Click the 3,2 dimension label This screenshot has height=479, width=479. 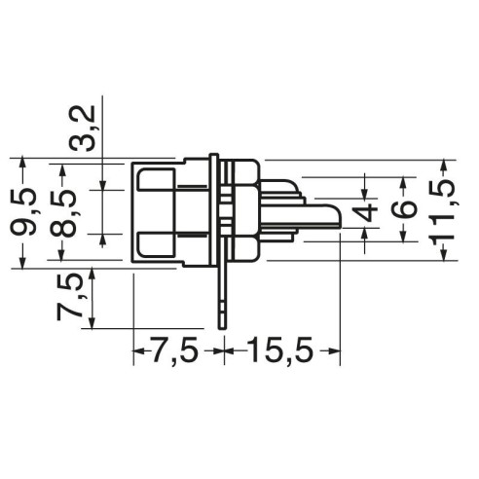(83, 129)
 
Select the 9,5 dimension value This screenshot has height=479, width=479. (23, 211)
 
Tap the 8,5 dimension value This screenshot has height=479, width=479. (63, 213)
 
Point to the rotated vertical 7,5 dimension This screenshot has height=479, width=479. (69, 297)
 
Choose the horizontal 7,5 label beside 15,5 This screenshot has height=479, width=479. (174, 350)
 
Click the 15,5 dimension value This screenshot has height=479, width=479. (280, 350)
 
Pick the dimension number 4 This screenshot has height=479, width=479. (365, 213)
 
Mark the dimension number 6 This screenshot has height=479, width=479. (403, 209)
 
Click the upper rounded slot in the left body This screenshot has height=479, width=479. (157, 180)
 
